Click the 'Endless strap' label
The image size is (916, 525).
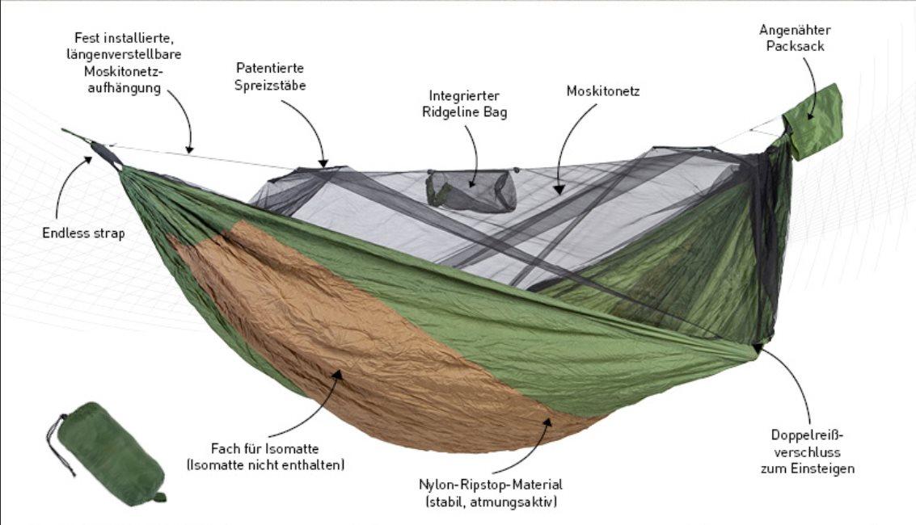(x=83, y=233)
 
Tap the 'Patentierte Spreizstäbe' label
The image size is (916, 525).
(x=271, y=76)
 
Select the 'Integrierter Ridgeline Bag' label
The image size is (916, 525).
(x=464, y=104)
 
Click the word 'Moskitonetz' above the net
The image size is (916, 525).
(x=602, y=91)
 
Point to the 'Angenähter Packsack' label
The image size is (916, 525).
(x=794, y=38)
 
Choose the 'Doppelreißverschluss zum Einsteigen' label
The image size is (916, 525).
(x=807, y=451)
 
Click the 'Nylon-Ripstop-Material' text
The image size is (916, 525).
(x=490, y=485)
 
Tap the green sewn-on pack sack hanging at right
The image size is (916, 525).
(x=813, y=121)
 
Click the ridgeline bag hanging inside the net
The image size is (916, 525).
(x=471, y=191)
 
